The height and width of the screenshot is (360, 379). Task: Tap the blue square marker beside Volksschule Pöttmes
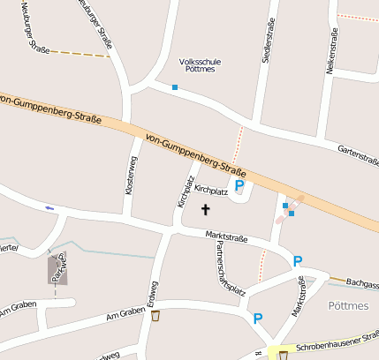coord(175,87)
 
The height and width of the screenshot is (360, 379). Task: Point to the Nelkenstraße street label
coord(334,51)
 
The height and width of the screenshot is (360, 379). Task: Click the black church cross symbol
coord(206,210)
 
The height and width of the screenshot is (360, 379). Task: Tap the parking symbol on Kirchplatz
coord(239,186)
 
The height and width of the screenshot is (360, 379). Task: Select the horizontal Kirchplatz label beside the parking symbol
coord(211,190)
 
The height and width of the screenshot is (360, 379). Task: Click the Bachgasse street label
coord(362,284)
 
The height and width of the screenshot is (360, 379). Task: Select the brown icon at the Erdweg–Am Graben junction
coord(155,316)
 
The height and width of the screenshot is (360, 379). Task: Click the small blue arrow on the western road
coord(49,208)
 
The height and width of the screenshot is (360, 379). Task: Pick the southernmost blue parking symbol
coord(258,319)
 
